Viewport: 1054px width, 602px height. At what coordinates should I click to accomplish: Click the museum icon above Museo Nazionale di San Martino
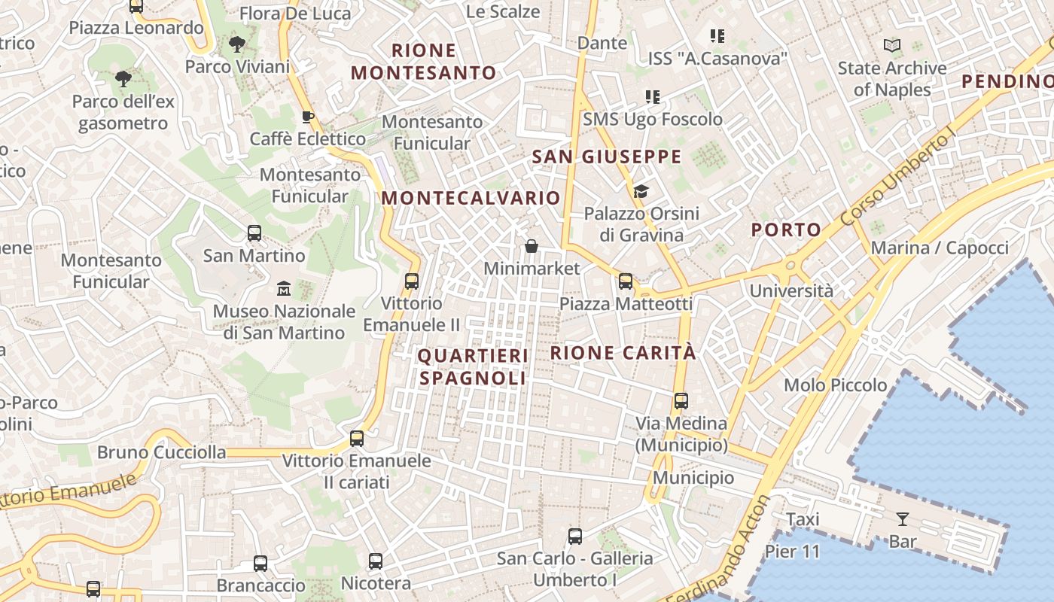[284, 288]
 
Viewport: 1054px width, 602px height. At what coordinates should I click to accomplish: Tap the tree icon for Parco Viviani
[237, 44]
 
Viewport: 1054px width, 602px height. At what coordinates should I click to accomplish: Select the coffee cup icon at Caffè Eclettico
[307, 117]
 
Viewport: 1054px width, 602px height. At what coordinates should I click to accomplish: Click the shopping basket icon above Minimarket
[532, 246]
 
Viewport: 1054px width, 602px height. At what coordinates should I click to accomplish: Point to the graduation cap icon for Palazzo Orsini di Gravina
[641, 191]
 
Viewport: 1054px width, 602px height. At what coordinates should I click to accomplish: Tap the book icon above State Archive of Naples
[892, 46]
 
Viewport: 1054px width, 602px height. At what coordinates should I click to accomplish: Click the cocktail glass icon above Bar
[902, 518]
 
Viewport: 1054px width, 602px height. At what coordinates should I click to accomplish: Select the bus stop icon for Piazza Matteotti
[626, 281]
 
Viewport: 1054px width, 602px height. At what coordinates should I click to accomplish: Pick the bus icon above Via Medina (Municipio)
[681, 401]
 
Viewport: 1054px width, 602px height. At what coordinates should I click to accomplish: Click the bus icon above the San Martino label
[254, 233]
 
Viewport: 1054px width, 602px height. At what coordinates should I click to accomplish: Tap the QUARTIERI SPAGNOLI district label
[473, 366]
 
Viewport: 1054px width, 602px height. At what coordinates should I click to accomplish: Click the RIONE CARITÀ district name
[623, 352]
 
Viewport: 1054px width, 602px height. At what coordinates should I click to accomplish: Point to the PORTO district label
[786, 230]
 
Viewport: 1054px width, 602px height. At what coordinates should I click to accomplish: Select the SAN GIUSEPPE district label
[606, 157]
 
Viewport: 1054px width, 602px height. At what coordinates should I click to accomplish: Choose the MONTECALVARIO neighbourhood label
[471, 198]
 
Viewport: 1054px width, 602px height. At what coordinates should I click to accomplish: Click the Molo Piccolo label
[836, 385]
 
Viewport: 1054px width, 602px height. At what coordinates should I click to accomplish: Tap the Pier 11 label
[792, 552]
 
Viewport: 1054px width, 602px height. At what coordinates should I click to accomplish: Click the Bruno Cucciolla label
[162, 452]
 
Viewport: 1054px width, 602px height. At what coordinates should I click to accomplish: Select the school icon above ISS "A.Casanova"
[717, 35]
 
